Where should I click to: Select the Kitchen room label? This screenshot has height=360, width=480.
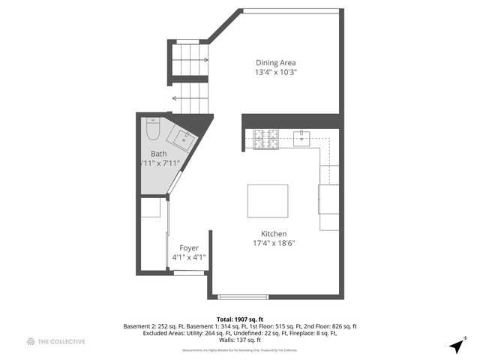274,233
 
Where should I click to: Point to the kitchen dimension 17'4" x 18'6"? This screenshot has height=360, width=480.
274,243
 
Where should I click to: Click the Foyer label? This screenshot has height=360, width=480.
188,247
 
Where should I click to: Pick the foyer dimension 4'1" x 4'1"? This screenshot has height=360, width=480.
188,257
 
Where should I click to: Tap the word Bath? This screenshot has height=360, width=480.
158,153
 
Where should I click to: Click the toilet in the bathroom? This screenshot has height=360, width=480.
152,130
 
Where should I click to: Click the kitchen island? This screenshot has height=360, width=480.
268,200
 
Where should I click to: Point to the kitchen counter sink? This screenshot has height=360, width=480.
301,137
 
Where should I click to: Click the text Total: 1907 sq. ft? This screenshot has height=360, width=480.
239,319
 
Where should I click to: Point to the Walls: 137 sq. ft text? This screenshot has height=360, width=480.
239,340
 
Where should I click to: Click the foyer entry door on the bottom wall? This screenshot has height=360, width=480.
189,273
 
